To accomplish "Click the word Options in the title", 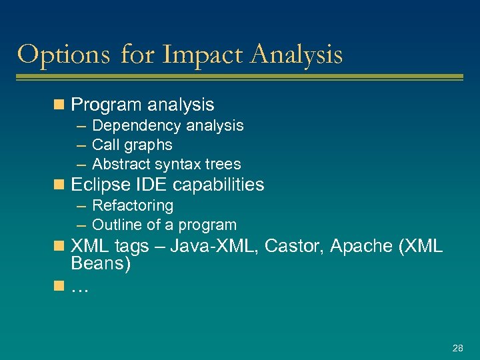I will click(64, 55).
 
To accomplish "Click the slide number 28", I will click(457, 348).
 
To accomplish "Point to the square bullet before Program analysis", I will click(59, 105).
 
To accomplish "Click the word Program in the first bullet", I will click(107, 105).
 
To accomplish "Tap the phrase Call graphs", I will click(132, 145).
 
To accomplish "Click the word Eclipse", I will click(98, 185).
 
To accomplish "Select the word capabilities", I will click(215, 185).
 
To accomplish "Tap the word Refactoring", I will click(133, 206).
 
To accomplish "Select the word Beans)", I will click(101, 263).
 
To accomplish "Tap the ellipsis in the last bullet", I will click(80, 288).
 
